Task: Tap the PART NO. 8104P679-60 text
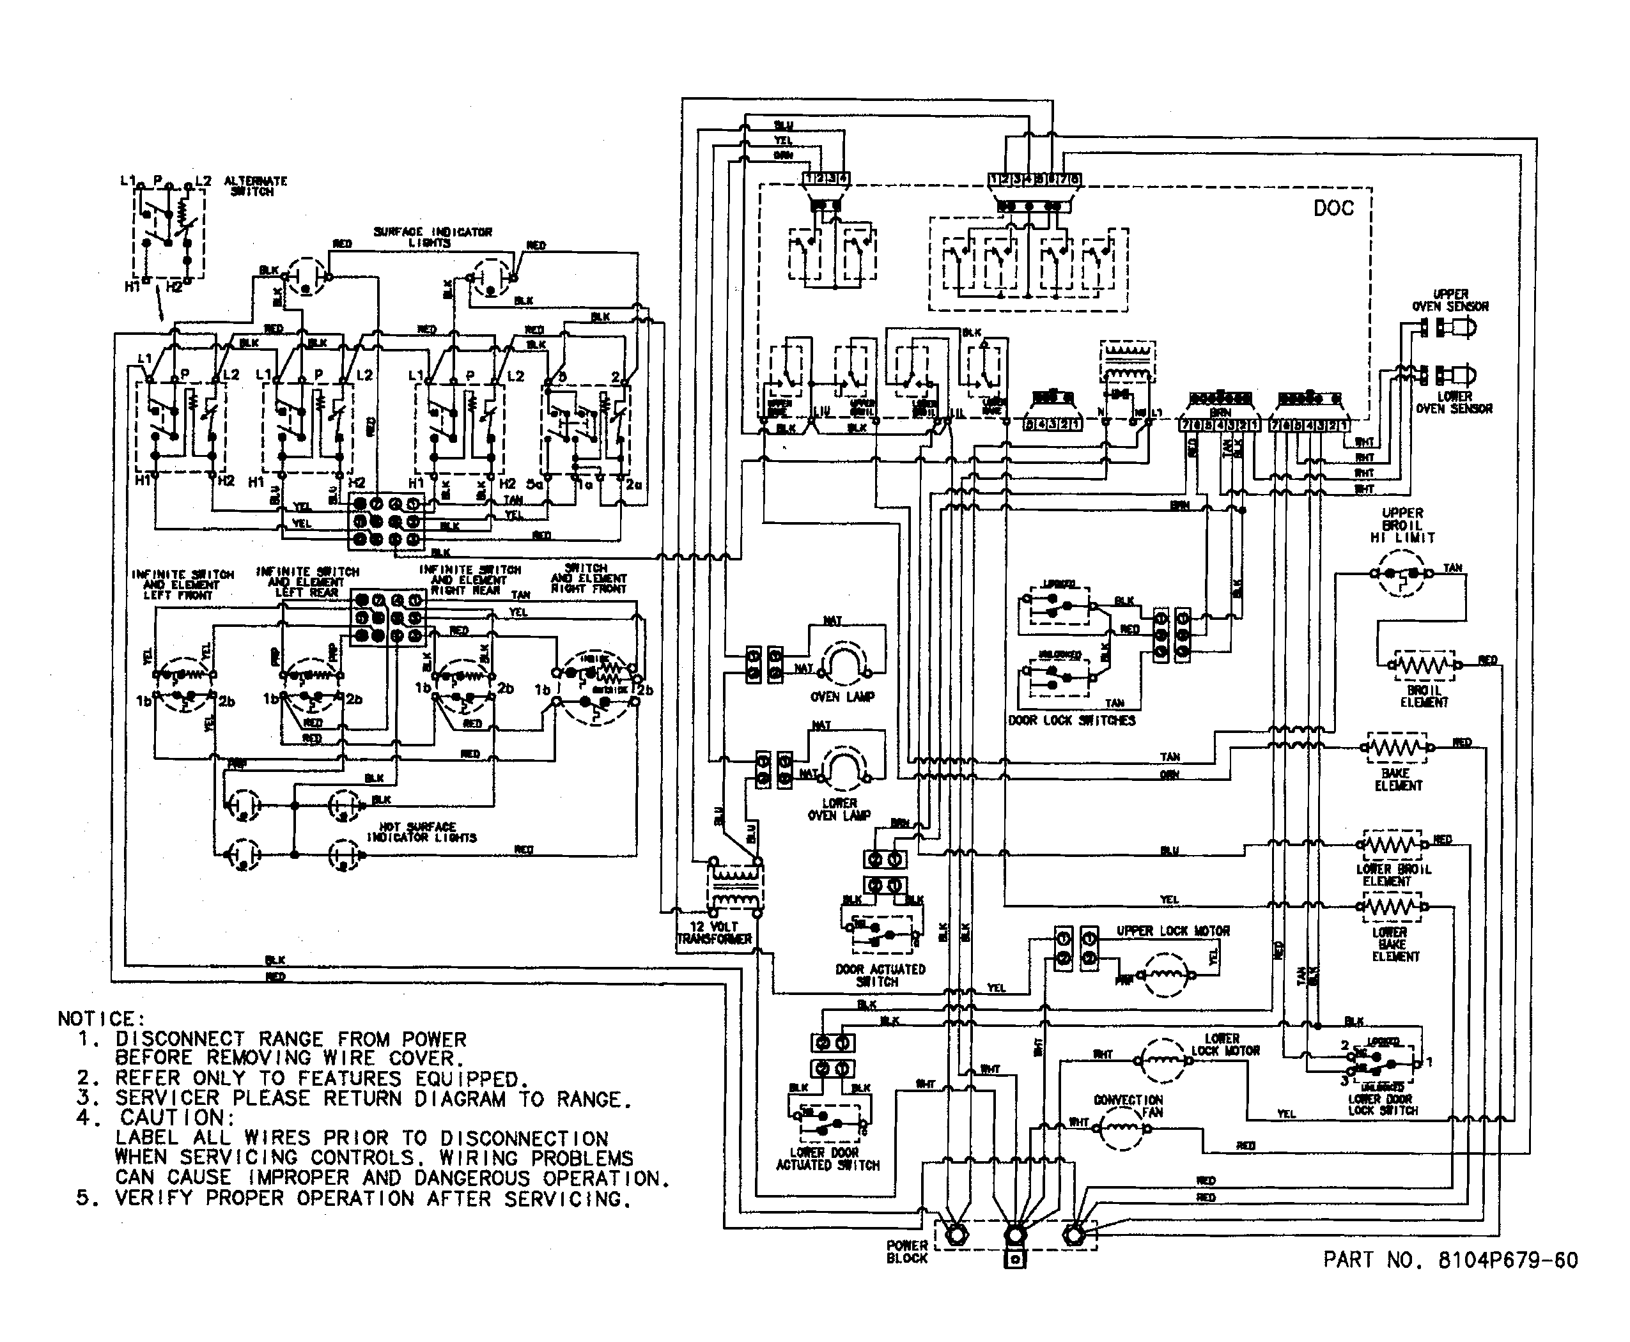[1450, 1260]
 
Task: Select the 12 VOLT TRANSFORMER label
[714, 933]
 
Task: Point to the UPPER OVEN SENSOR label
[1450, 301]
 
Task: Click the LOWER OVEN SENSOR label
[1454, 402]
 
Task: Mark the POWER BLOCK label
[907, 1251]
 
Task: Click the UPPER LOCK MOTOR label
[1172, 930]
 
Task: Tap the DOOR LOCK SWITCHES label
[1072, 720]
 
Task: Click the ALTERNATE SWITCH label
[255, 185]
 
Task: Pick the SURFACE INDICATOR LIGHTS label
[432, 236]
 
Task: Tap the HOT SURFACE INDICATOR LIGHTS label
[421, 832]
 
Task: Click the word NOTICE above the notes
[100, 1019]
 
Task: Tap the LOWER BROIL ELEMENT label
[1393, 874]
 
